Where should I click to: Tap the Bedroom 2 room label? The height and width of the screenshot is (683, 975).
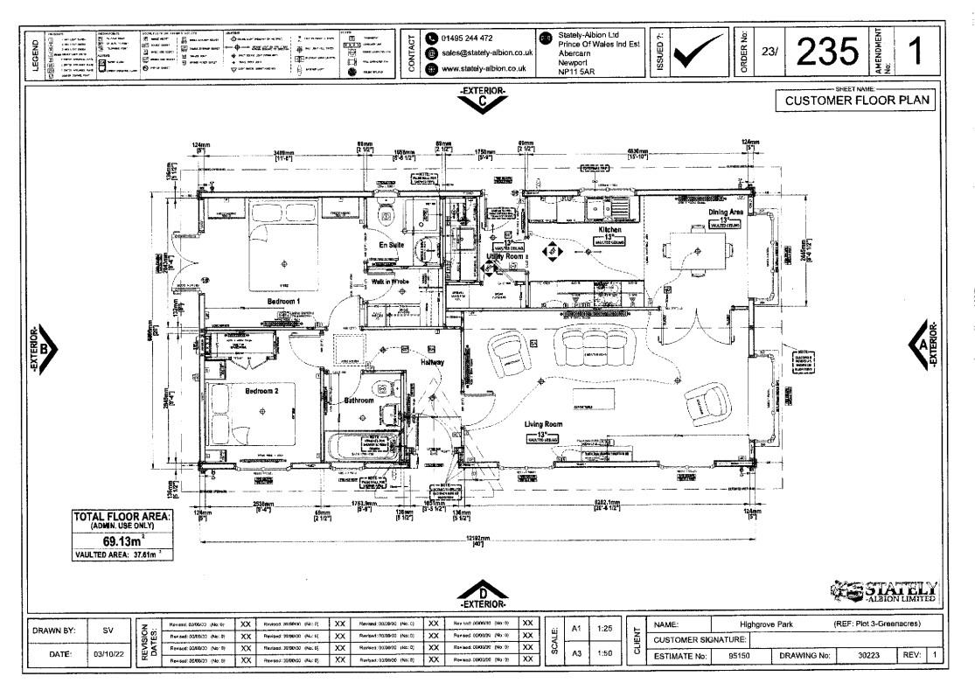point(261,391)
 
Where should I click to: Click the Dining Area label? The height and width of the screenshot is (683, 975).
point(727,211)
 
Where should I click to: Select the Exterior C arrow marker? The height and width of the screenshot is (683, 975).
point(486,98)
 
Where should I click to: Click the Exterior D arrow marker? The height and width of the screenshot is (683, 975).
point(486,595)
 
